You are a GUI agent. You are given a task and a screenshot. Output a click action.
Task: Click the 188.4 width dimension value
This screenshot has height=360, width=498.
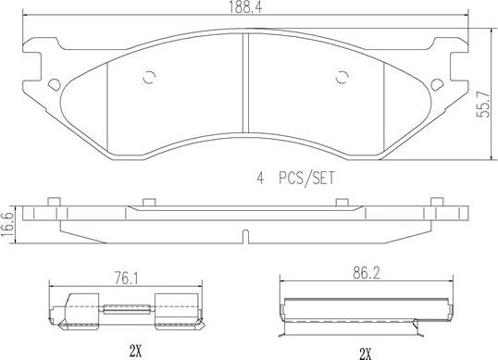pos(245,7)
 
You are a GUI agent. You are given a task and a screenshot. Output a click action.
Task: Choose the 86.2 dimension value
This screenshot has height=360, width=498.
pos(366,273)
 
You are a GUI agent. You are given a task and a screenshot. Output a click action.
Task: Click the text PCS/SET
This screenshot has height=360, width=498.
pos(306,179)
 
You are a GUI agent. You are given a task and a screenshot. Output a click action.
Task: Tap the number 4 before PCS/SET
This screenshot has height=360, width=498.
pos(260,179)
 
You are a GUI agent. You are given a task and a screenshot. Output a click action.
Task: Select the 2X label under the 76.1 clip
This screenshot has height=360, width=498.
pos(135,351)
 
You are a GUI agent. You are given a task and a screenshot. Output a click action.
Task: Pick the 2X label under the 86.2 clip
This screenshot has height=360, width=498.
pos(366,354)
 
